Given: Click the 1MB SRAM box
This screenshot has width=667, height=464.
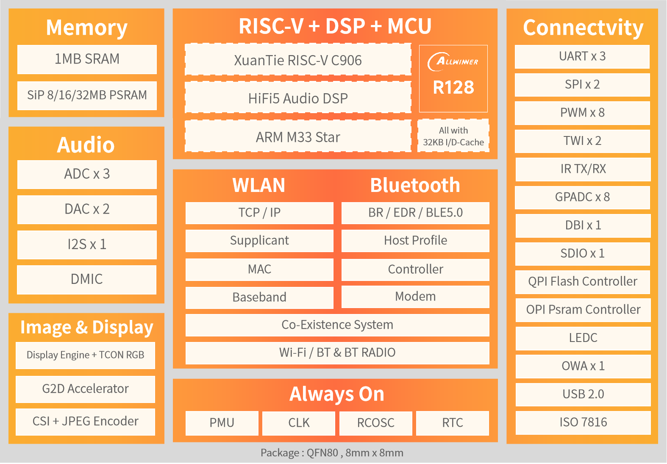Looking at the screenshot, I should [x=87, y=59].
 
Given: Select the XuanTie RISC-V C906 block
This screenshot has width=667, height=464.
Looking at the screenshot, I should [x=298, y=60].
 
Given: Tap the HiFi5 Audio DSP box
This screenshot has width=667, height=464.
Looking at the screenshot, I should [x=298, y=98].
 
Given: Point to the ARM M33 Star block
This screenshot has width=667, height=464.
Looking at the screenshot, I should [x=298, y=136].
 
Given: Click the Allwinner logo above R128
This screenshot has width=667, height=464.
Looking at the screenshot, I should [x=453, y=62].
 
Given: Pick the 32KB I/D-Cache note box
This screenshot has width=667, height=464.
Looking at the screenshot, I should [x=453, y=136].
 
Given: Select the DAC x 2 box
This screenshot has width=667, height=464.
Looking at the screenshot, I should [x=87, y=209].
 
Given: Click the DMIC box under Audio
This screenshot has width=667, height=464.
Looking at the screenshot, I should [x=87, y=279].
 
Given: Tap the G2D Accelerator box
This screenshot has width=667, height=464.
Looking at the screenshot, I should [x=85, y=389].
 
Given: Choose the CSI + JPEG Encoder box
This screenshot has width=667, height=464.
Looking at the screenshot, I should [x=85, y=421].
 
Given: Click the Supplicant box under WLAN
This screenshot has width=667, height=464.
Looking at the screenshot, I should [x=259, y=241].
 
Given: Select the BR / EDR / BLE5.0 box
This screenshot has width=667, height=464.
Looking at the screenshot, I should [x=415, y=213].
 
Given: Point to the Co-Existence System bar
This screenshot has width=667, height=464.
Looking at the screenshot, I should [x=337, y=325].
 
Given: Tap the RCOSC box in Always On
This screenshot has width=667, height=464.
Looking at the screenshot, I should [x=375, y=423].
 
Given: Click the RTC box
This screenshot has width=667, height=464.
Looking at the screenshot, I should [x=452, y=423].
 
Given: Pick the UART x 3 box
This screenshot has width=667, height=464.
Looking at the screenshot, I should [x=582, y=56].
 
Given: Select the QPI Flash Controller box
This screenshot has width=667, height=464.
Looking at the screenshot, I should [x=582, y=282].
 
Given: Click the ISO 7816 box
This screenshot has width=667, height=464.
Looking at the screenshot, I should [x=583, y=422].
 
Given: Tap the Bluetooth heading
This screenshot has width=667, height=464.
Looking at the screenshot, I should [x=415, y=185].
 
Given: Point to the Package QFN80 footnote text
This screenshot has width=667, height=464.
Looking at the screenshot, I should [x=332, y=453].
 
